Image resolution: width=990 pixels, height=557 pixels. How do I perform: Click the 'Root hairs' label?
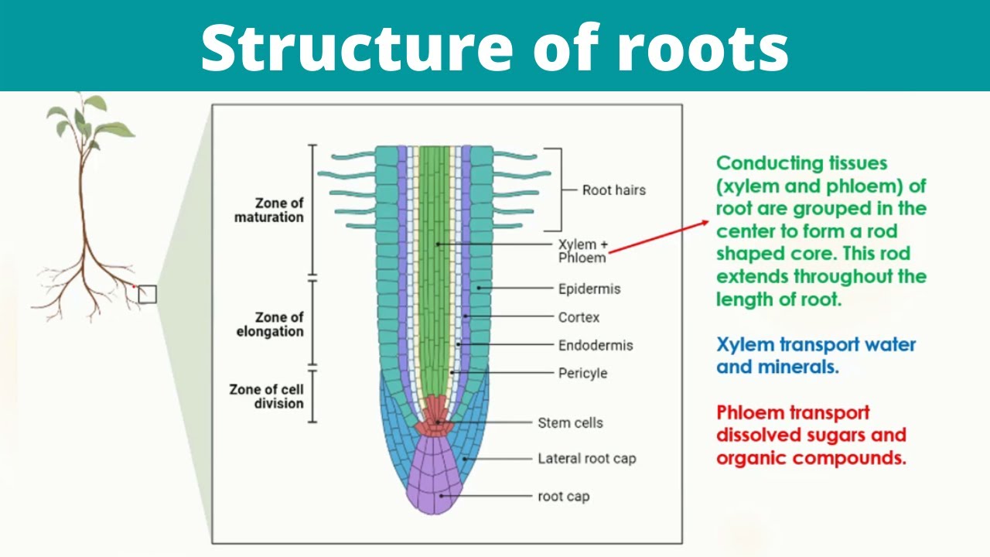click(x=613, y=190)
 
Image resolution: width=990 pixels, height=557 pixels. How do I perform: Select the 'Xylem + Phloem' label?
click(x=583, y=251)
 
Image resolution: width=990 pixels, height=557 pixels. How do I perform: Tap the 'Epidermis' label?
click(x=589, y=289)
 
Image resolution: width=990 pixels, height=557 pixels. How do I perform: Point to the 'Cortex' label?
click(x=579, y=317)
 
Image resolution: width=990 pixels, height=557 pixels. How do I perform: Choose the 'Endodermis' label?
click(x=596, y=345)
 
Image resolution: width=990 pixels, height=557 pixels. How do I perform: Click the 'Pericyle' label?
click(x=582, y=373)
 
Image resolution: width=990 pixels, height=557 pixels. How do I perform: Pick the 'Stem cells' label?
click(x=570, y=422)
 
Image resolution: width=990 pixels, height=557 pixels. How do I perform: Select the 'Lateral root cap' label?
click(x=586, y=459)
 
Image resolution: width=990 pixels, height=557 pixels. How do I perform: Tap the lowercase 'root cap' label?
click(x=563, y=496)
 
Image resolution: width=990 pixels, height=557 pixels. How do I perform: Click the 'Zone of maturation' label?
click(x=268, y=210)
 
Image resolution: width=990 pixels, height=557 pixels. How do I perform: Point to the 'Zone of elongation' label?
click(x=278, y=324)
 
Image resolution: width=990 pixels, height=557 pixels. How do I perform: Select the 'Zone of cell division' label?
click(x=266, y=396)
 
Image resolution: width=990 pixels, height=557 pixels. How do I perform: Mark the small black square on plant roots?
click(x=147, y=294)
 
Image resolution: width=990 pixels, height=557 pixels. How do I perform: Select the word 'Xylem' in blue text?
click(x=745, y=345)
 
